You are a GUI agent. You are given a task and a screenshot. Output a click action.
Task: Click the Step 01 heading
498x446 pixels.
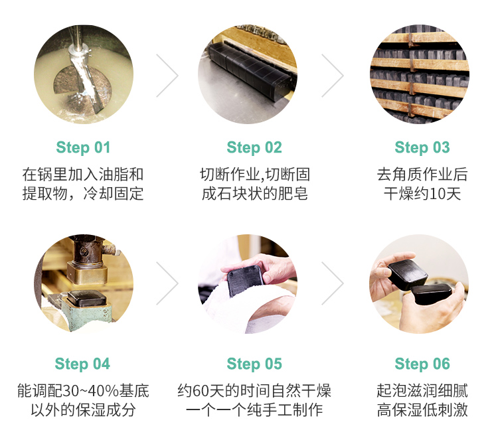[x=83, y=148]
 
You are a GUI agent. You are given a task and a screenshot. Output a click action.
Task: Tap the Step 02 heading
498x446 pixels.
[x=254, y=148]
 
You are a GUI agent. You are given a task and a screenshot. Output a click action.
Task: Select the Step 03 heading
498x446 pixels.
[x=422, y=148]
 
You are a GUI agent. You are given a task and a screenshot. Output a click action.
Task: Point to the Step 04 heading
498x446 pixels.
[x=82, y=364]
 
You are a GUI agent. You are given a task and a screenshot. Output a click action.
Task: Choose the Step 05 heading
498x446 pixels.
[x=254, y=364]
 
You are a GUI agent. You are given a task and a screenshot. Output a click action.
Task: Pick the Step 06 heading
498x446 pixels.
[x=422, y=364]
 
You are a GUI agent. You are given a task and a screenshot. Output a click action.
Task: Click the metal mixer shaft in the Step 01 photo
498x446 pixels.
[x=83, y=73]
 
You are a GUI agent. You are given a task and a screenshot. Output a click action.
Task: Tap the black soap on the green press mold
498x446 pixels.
[x=86, y=298]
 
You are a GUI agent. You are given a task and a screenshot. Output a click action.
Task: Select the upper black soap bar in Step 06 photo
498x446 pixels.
[x=408, y=273]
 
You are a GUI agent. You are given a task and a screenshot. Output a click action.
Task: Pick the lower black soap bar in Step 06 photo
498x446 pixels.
[x=432, y=294]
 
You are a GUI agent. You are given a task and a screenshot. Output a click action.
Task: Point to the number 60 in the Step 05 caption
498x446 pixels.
[x=201, y=391]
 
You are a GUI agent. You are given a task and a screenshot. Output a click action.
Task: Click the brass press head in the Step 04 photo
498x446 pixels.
[x=87, y=273]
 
